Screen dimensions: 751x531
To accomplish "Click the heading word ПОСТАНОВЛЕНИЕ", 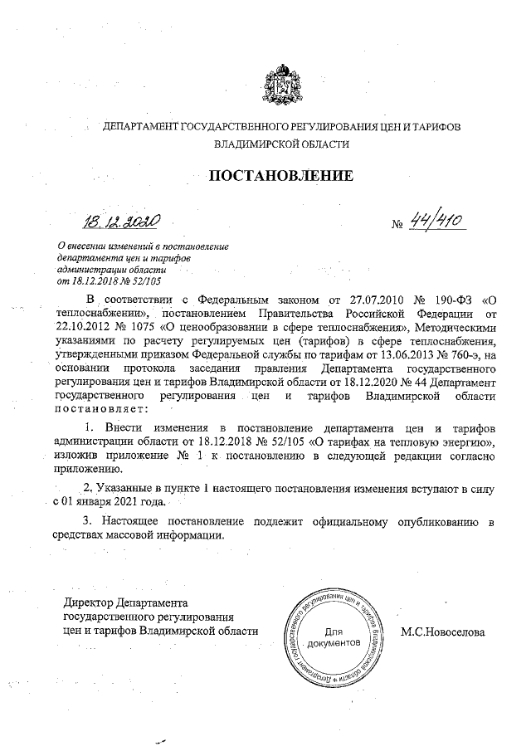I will tap(280, 175).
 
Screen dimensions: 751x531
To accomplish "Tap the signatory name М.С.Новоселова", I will tap(442, 632).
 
